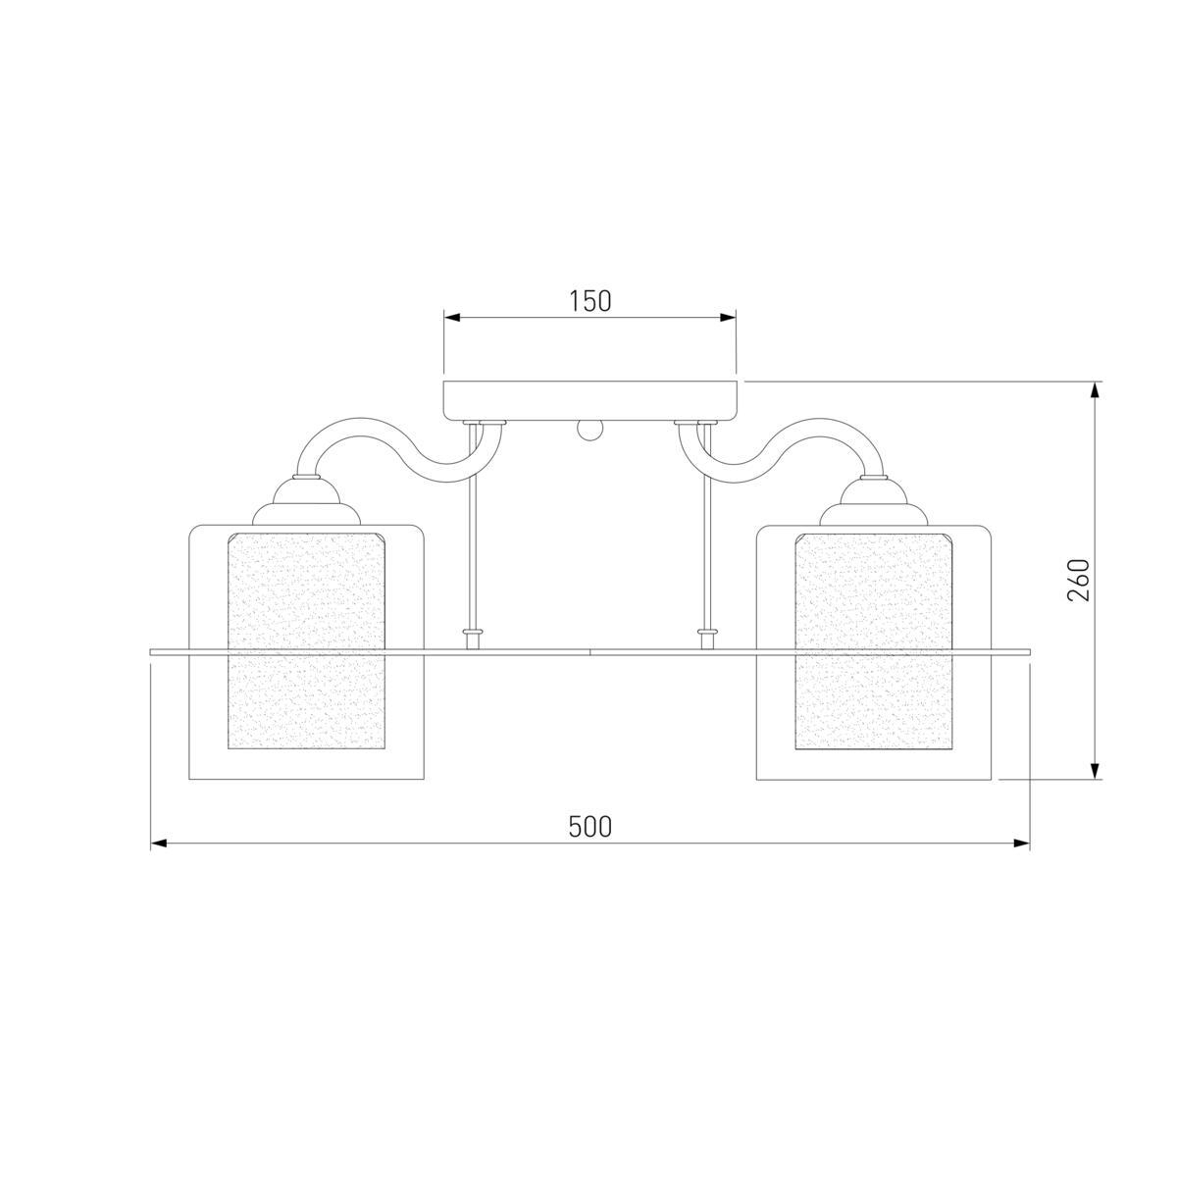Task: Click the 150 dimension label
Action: [x=590, y=301]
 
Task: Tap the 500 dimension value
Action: [x=589, y=827]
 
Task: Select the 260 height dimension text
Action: [x=1079, y=581]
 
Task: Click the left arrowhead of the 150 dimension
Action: [x=451, y=318]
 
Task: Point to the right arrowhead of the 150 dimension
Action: [x=728, y=318]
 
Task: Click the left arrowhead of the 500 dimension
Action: [x=159, y=844]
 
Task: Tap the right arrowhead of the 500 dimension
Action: [x=1022, y=844]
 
